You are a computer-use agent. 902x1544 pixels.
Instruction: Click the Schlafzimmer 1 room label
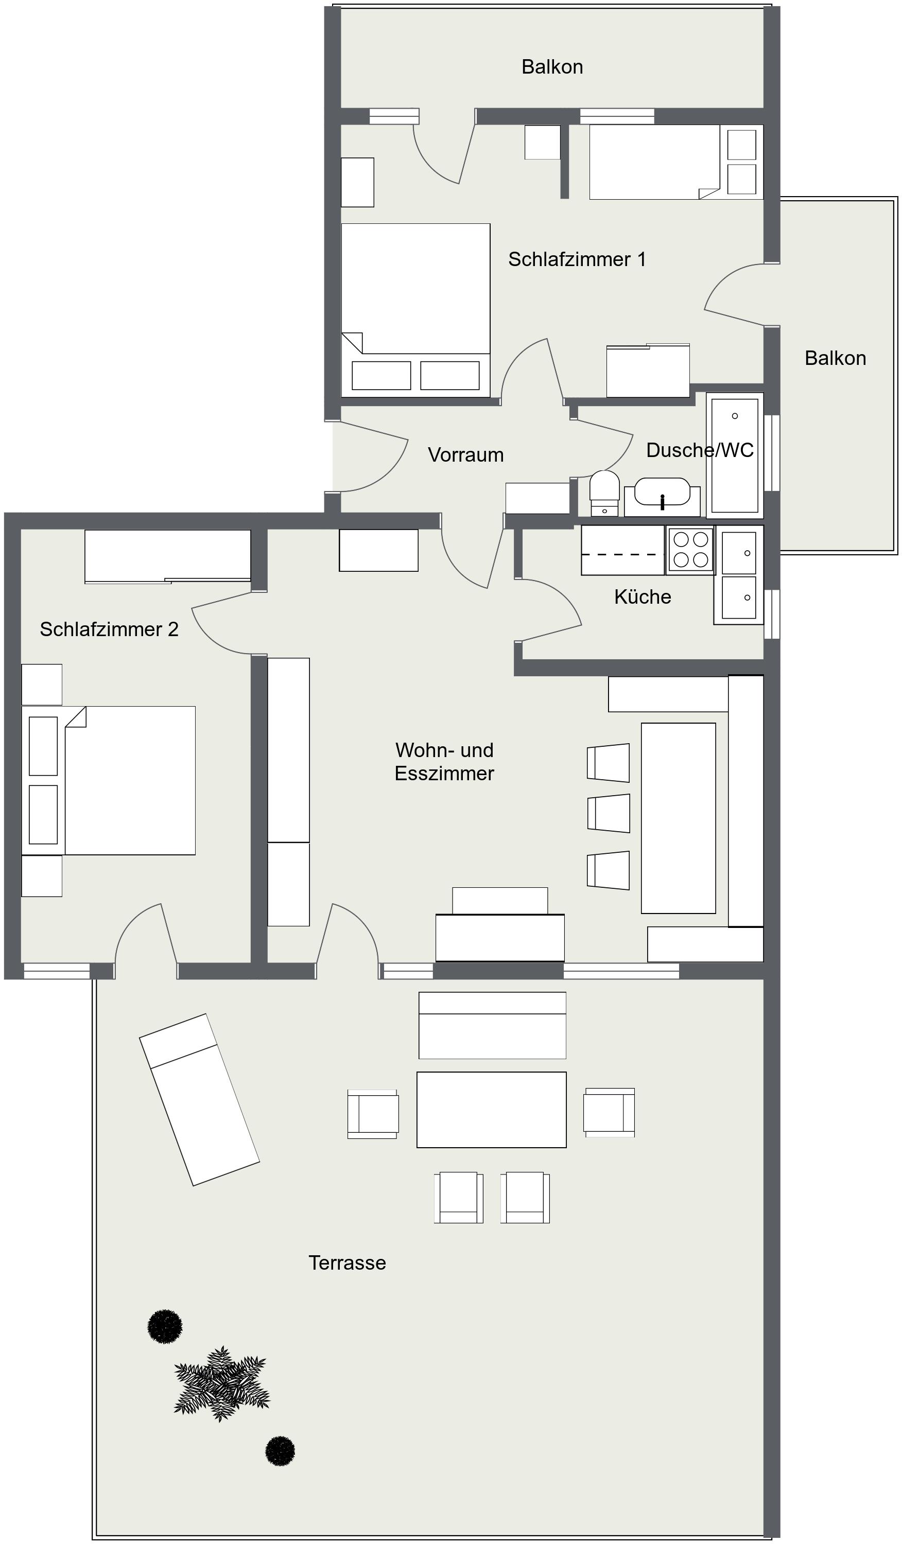(x=577, y=259)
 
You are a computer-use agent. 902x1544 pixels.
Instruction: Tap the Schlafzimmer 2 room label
(x=109, y=629)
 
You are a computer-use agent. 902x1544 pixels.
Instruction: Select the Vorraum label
(x=466, y=454)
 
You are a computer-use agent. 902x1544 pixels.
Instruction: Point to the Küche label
(x=643, y=597)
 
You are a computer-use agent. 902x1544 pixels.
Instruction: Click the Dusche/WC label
(x=700, y=450)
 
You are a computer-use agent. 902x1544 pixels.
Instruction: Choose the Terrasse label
(x=348, y=1263)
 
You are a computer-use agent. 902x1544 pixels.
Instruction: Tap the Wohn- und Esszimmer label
(x=444, y=762)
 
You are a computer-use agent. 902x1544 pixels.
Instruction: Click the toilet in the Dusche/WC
(x=605, y=493)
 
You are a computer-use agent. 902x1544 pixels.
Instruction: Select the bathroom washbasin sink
(x=663, y=493)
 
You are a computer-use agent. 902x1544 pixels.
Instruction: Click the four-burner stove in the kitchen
(x=690, y=550)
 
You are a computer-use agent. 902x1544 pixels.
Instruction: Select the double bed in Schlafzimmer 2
(x=109, y=781)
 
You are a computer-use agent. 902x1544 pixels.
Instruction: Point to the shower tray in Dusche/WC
(x=735, y=455)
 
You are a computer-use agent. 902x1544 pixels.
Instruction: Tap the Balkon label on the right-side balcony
(x=835, y=358)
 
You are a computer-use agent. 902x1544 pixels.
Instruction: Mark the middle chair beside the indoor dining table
(x=609, y=813)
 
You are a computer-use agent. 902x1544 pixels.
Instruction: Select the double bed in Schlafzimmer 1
(x=415, y=310)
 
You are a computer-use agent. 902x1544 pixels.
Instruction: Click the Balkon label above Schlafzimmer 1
(x=552, y=67)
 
